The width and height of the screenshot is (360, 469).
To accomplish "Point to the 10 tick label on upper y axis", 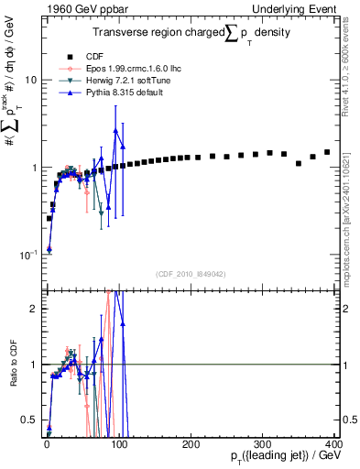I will point(30,81).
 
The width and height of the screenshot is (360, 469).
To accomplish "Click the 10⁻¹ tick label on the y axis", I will point(28,255).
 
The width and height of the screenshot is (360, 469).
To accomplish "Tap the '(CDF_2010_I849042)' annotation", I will point(190,273).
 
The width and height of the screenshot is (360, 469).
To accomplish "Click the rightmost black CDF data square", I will point(327,152).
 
